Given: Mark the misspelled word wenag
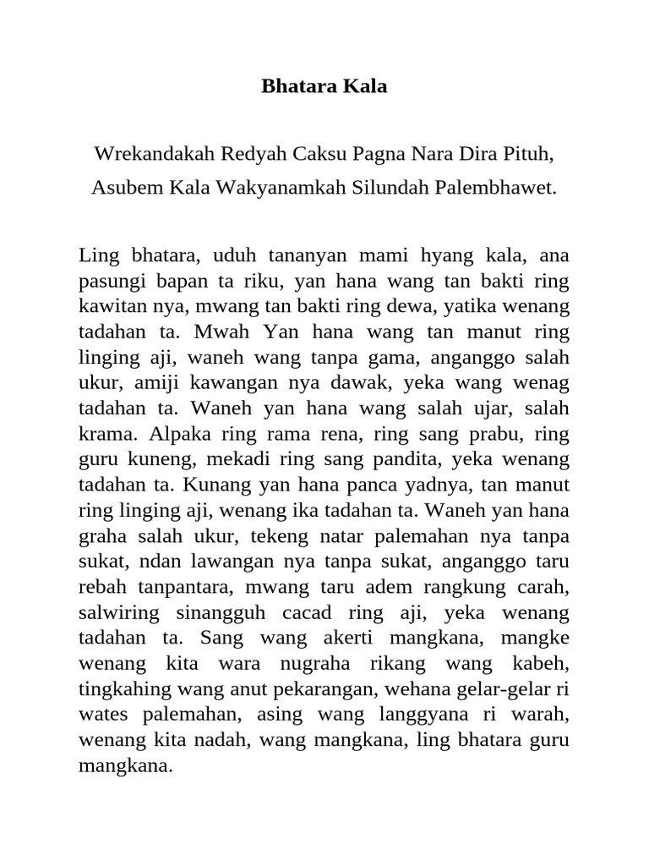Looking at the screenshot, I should pyautogui.click(x=545, y=382).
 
